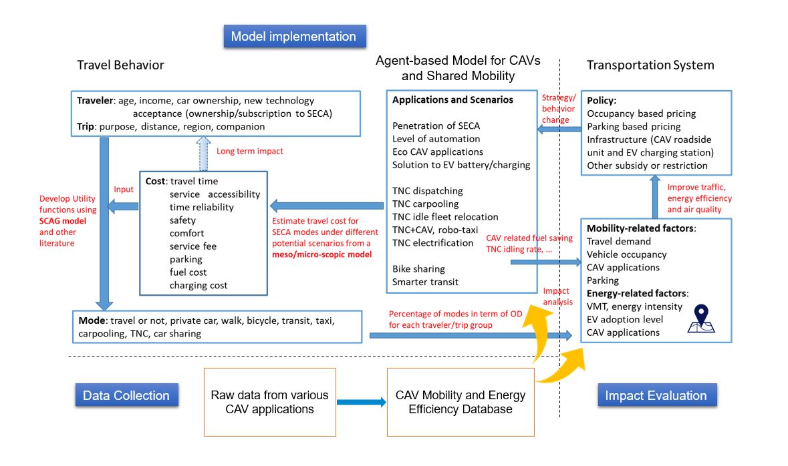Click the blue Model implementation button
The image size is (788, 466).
click(293, 36)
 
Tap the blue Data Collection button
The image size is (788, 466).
click(126, 395)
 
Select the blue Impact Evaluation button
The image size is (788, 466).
click(656, 395)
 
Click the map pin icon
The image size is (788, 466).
click(701, 319)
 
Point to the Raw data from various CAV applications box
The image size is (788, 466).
click(269, 402)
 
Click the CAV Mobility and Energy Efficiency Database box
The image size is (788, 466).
click(461, 402)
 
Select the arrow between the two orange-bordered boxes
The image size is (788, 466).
click(362, 402)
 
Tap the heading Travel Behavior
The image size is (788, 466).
click(120, 65)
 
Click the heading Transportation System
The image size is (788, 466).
click(650, 65)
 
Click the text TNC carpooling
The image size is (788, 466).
click(426, 204)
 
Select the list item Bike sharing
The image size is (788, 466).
click(418, 268)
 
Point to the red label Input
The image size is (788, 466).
click(124, 189)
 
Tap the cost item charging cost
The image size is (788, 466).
click(199, 285)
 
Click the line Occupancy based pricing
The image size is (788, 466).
click(641, 113)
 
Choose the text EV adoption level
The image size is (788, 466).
click(625, 319)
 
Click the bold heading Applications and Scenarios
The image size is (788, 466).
click(452, 100)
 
